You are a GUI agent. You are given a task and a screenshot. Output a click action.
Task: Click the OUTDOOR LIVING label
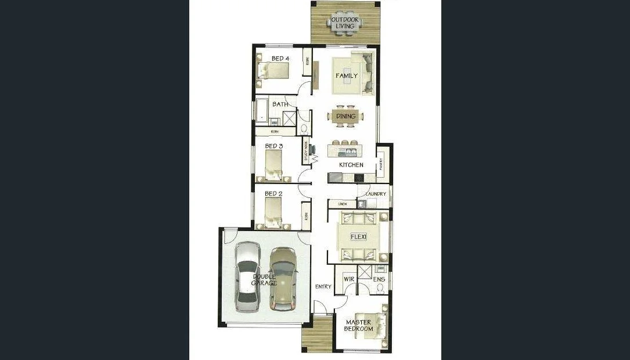tap(344, 23)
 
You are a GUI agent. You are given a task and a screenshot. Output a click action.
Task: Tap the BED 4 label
tap(281, 58)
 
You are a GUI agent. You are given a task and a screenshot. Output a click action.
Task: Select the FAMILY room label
tap(346, 75)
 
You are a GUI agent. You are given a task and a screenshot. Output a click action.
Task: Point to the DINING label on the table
tap(346, 116)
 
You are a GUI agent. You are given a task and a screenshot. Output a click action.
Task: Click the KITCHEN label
tap(351, 165)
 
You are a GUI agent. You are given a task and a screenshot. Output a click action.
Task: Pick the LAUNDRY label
tap(376, 194)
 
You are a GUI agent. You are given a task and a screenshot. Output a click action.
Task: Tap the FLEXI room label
tap(358, 237)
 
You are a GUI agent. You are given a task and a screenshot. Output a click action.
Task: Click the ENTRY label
tap(323, 286)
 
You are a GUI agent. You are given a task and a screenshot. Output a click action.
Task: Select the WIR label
tap(349, 279)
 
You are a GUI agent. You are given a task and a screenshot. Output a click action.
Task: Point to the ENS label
tap(379, 279)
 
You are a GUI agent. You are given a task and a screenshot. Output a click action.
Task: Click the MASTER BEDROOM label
tap(359, 325)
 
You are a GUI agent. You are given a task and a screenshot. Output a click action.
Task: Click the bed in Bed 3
tap(273, 165)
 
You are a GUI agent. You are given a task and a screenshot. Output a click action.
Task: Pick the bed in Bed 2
tap(273, 212)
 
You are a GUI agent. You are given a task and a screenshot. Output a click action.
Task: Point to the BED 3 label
tap(273, 146)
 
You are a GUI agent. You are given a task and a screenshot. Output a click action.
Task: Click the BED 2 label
tap(273, 193)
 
